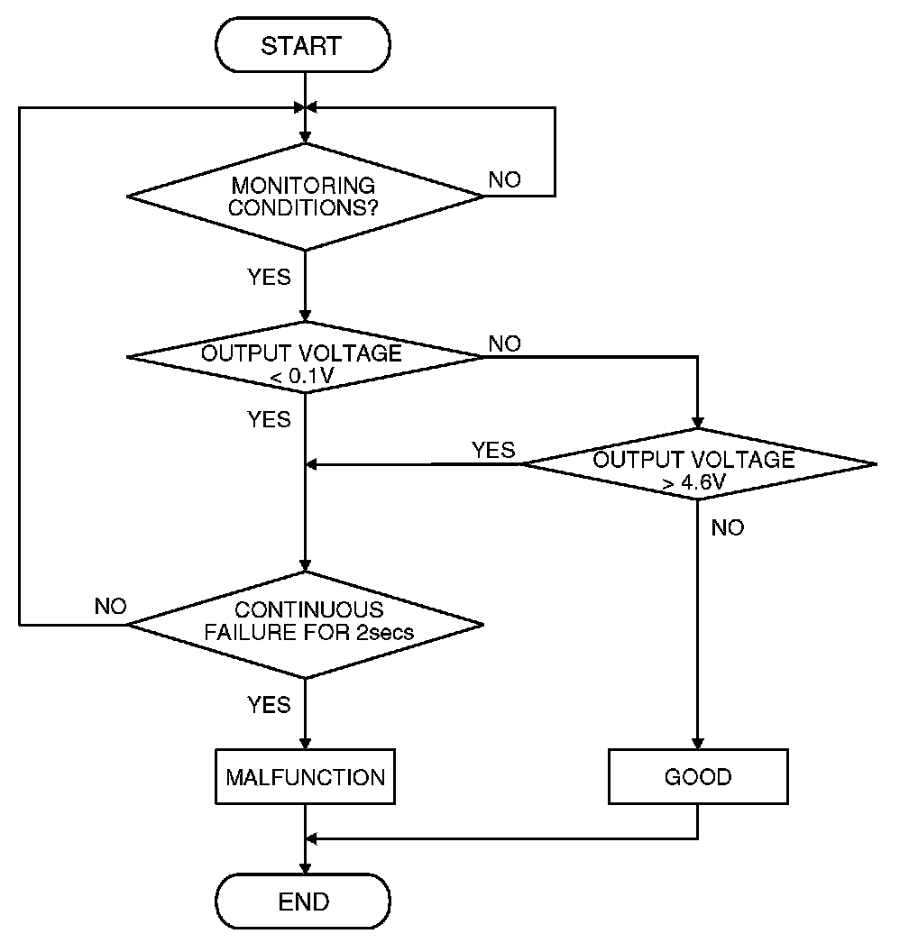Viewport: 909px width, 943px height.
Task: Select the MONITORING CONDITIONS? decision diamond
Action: [305, 196]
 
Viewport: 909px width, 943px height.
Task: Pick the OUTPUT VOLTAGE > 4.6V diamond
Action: [698, 465]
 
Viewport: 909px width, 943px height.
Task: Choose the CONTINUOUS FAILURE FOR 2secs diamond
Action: [305, 623]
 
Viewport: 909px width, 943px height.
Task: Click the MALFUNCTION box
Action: [305, 777]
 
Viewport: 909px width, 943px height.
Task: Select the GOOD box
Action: [698, 777]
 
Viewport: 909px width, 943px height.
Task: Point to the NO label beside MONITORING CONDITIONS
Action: [505, 179]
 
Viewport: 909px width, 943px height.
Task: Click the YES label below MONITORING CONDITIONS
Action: [270, 277]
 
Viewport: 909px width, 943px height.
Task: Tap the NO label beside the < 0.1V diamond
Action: [505, 343]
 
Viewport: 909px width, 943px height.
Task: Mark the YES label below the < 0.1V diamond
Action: [270, 419]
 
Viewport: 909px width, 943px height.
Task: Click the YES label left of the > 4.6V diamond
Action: [493, 450]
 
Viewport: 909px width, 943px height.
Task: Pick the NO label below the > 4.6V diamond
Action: [728, 528]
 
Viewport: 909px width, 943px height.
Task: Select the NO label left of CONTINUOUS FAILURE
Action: [110, 606]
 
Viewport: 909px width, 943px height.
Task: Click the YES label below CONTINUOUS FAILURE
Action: [270, 704]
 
